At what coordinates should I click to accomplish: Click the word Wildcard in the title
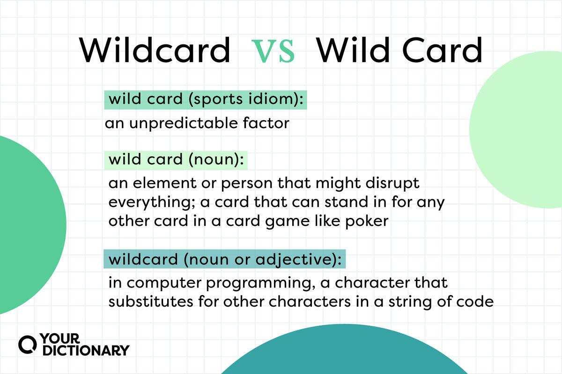pos(154,50)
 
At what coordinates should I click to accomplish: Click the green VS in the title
pos(273,51)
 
